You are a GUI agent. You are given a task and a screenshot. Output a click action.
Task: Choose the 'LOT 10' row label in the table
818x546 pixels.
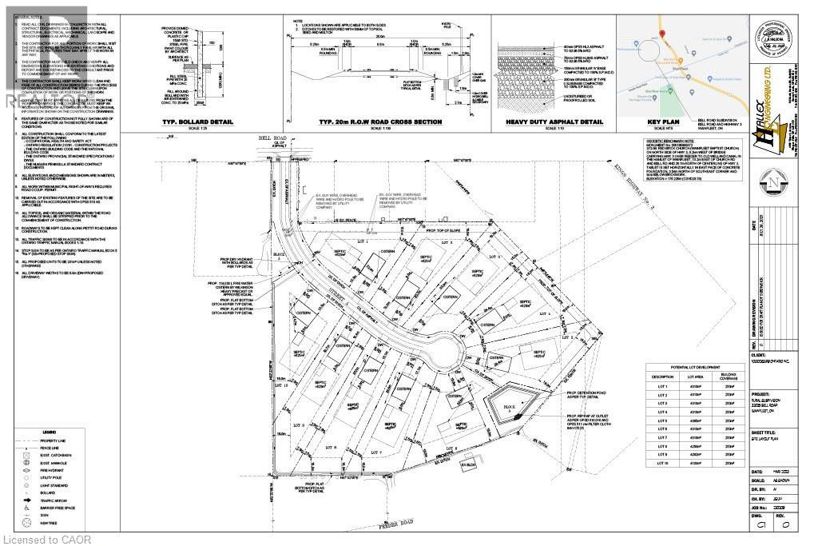[x=661, y=463]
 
